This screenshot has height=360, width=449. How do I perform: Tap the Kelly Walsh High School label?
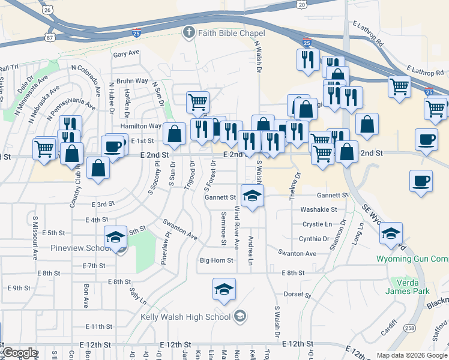pyautogui.click(x=185, y=317)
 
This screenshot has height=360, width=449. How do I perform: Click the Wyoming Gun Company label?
pyautogui.click(x=412, y=259)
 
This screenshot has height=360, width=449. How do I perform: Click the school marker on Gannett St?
pyautogui.click(x=253, y=196)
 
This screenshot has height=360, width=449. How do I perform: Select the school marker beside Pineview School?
pyautogui.click(x=115, y=237)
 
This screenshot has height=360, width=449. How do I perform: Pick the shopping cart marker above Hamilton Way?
pyautogui.click(x=197, y=102)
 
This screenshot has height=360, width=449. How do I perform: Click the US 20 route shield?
pyautogui.click(x=301, y=4)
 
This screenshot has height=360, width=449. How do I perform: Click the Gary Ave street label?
pyautogui.click(x=125, y=53)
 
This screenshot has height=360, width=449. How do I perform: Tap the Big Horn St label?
pyautogui.click(x=216, y=260)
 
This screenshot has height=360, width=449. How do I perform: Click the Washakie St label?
pyautogui.click(x=316, y=210)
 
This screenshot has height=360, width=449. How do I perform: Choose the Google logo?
pyautogui.click(x=19, y=353)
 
